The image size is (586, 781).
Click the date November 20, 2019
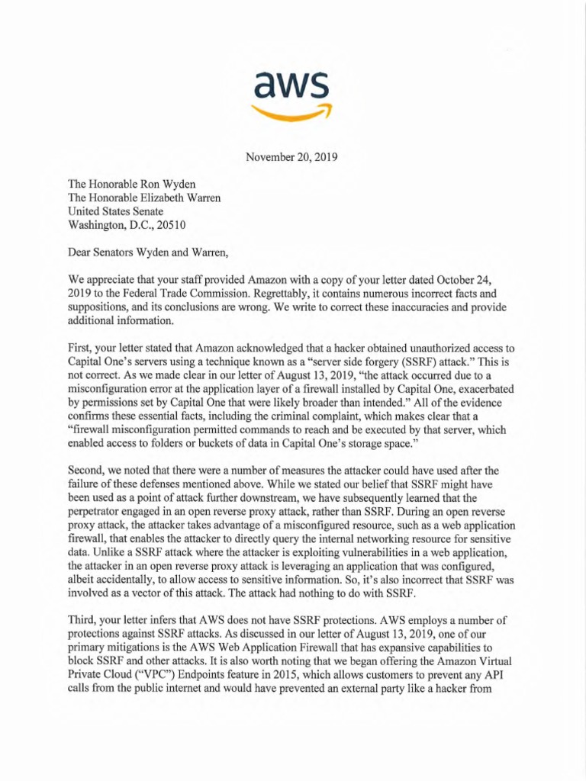[292, 159]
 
